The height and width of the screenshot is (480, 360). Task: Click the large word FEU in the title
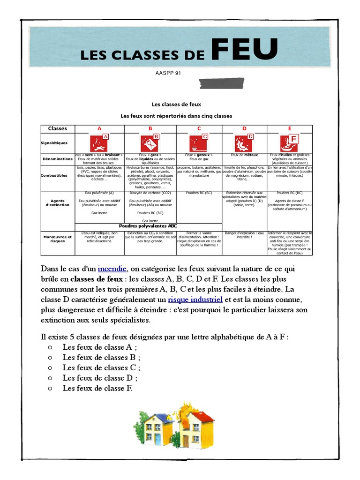244,50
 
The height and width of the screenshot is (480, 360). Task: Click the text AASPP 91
167,73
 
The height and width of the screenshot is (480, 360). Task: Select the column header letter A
99,128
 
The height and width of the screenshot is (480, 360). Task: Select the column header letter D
244,128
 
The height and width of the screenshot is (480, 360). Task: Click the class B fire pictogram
150,142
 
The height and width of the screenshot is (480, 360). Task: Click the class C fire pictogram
199,142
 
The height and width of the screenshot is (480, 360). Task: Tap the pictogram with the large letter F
289,142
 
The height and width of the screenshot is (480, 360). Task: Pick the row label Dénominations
57,159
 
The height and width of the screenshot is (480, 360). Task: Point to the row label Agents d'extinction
57,203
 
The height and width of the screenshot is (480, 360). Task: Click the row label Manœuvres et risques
57,239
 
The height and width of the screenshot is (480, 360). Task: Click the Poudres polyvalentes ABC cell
148,226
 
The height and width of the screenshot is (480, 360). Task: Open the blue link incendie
112,269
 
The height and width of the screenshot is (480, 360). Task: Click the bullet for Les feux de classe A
50,347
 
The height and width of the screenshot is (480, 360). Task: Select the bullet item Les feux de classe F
97,388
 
